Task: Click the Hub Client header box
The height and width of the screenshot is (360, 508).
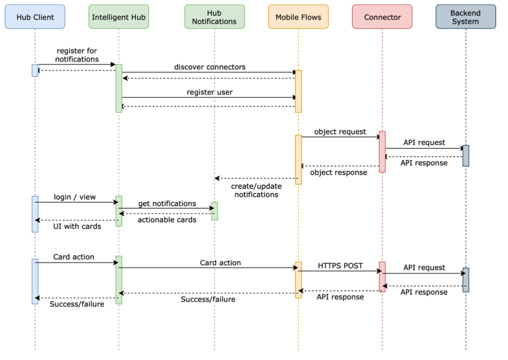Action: point(35,17)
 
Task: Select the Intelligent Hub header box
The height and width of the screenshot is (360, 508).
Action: point(118,17)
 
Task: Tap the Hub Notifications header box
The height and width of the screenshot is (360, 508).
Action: point(214,17)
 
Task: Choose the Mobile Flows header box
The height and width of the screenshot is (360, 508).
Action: point(298,17)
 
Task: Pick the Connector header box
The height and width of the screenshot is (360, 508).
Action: point(382,17)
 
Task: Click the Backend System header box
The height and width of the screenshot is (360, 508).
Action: point(465,17)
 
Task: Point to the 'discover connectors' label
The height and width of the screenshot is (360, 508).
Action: point(210,67)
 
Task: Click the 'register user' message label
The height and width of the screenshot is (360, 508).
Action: point(210,92)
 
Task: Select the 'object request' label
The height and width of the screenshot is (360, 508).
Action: point(340,132)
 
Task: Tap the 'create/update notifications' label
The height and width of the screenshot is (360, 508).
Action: point(256,190)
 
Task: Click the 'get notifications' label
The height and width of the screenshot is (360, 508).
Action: point(167,204)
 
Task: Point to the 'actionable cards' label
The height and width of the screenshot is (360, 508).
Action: point(167,220)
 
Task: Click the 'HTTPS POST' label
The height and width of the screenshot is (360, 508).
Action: point(340,266)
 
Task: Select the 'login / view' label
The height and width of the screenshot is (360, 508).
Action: point(75,197)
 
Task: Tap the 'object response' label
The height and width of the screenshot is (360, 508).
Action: point(339,173)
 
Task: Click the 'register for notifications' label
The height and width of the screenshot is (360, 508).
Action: point(77,55)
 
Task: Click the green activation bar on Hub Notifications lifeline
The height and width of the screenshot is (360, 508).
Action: point(215,211)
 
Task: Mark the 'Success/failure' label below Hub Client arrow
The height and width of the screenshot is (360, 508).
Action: point(77,304)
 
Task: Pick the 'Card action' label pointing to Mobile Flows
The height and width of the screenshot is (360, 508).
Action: point(220,263)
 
